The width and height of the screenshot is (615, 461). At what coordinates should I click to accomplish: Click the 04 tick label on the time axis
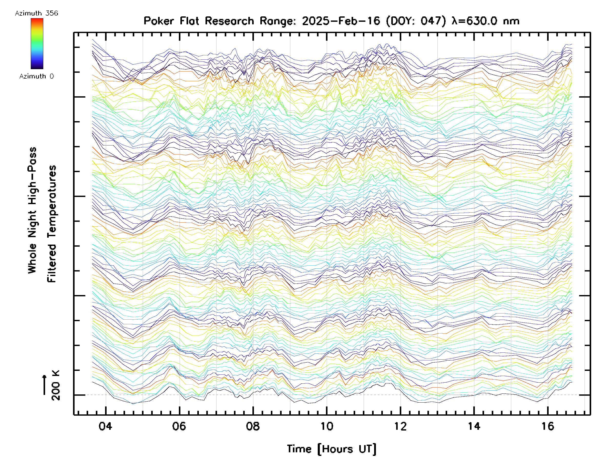[105, 426]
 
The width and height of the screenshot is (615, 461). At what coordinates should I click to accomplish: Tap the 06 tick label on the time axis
[179, 426]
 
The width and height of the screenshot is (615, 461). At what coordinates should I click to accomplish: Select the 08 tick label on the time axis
[252, 426]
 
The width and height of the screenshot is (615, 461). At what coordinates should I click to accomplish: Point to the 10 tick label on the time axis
[326, 426]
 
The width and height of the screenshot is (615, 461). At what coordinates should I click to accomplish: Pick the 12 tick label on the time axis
[400, 426]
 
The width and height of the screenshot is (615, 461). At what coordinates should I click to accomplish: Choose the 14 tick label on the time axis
[474, 426]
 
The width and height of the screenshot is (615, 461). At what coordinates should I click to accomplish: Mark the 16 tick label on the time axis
[547, 426]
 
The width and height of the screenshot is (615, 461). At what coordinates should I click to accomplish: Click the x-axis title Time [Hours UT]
[331, 449]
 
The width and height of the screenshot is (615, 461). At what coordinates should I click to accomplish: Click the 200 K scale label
[56, 385]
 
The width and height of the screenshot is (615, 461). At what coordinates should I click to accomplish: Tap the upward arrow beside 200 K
[45, 385]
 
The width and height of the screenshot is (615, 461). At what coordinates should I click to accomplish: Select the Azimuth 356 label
[36, 13]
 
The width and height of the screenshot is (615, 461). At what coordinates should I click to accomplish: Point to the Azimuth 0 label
[36, 76]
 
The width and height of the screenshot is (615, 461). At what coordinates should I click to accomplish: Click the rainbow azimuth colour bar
[37, 44]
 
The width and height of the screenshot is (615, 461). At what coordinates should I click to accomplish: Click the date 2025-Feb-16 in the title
[341, 21]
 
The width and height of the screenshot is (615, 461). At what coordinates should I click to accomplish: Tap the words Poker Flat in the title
[171, 21]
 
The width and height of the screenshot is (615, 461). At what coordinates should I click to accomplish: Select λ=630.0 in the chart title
[475, 21]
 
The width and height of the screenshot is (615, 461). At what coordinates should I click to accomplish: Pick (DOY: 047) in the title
[416, 21]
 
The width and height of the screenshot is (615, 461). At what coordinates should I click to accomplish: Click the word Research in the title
[229, 21]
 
